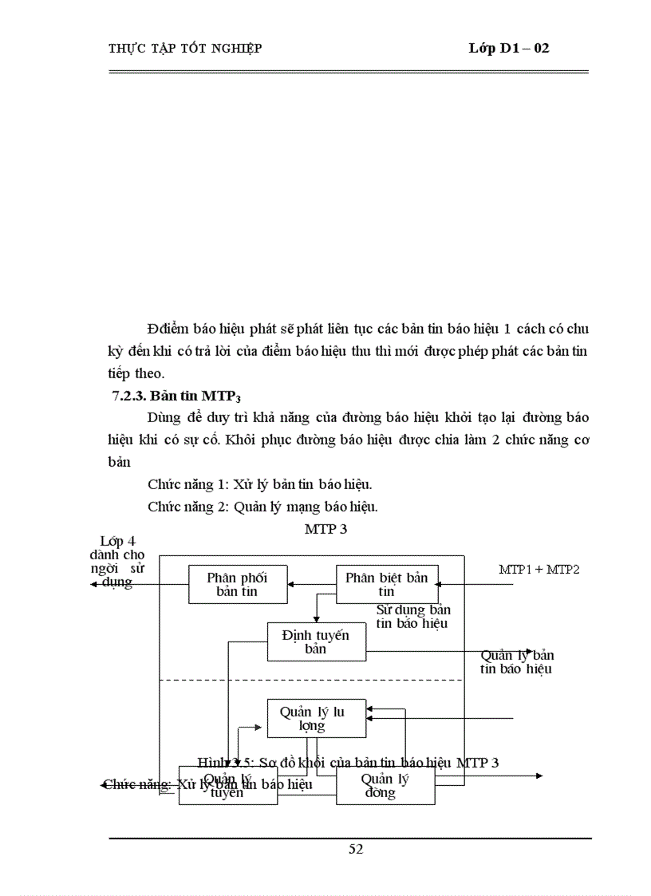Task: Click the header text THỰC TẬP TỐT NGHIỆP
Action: click(184, 49)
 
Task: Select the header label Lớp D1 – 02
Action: click(508, 49)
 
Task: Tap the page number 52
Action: click(356, 849)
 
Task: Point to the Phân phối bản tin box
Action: click(237, 584)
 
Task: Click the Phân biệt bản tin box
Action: click(387, 584)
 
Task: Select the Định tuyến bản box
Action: click(316, 641)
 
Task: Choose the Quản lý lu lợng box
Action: click(316, 718)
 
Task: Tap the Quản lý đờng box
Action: click(385, 785)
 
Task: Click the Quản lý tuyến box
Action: click(227, 785)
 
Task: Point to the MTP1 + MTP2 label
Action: click(539, 569)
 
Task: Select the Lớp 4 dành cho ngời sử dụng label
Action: click(122, 562)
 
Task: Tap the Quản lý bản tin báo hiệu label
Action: click(516, 662)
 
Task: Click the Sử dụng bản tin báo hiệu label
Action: click(412, 616)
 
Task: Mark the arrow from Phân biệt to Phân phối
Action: click(312, 584)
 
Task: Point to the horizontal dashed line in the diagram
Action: click(311, 680)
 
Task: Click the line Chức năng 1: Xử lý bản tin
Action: click(260, 484)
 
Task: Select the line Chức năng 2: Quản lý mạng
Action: click(262, 506)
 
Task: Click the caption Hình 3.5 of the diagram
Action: click(348, 762)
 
